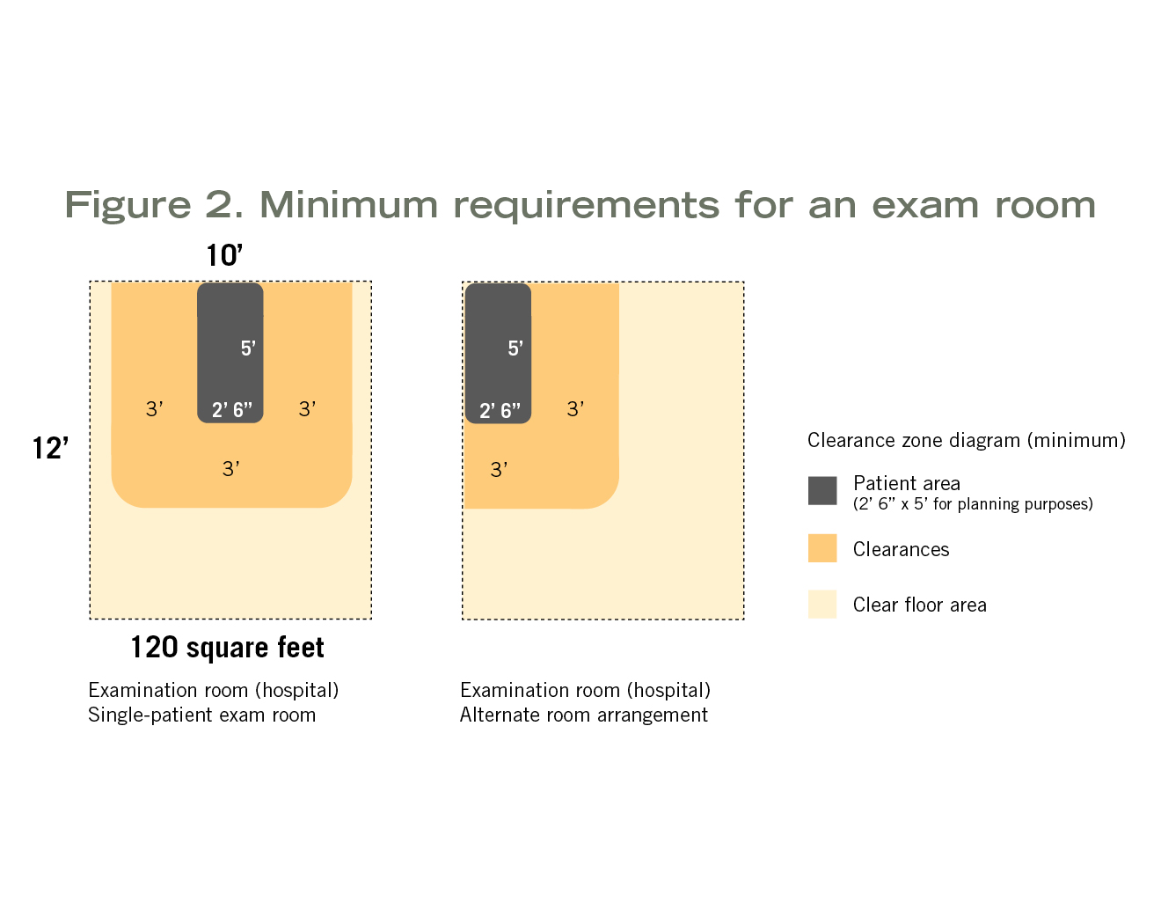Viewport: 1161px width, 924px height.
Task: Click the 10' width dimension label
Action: (x=224, y=255)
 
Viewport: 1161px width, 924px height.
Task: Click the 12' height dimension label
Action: (x=51, y=448)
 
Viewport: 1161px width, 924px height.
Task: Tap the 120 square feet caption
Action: (x=227, y=647)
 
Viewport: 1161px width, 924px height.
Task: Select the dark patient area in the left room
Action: (x=230, y=353)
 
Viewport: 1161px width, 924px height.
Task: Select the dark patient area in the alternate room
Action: (x=498, y=354)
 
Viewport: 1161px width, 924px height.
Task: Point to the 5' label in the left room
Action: (x=248, y=348)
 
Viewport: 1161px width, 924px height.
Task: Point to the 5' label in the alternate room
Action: (x=515, y=348)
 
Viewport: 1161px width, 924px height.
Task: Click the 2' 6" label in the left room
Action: (x=232, y=410)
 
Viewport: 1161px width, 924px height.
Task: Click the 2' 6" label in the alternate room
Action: (x=500, y=411)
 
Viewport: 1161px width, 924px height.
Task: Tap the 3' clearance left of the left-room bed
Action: (x=154, y=409)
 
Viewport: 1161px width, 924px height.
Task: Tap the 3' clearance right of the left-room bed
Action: (x=308, y=409)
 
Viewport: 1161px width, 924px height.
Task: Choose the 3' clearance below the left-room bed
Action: (x=231, y=469)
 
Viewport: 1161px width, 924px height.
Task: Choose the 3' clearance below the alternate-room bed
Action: (x=499, y=470)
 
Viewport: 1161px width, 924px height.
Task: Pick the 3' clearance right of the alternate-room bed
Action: (x=575, y=409)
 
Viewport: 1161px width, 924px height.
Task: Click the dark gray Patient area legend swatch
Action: (x=822, y=491)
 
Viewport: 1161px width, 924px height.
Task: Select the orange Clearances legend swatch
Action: (x=822, y=548)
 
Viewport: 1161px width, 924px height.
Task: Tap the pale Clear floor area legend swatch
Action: (x=822, y=604)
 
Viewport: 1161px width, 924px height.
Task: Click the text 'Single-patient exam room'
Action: (x=201, y=715)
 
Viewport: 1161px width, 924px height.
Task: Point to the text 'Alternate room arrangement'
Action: (x=584, y=715)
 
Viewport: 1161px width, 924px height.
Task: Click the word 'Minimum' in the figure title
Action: (x=348, y=205)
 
